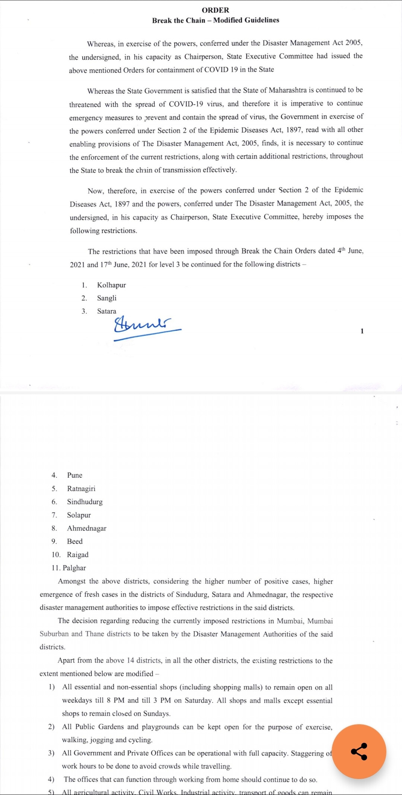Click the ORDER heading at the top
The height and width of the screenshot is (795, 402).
(216, 10)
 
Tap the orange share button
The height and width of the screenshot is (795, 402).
(359, 751)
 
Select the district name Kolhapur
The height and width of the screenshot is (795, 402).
(111, 285)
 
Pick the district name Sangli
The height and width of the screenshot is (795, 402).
(106, 298)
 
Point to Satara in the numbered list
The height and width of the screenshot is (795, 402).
(106, 311)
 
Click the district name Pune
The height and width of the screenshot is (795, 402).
(74, 475)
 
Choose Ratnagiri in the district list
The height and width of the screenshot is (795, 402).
(81, 489)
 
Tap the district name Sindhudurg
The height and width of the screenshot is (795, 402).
(84, 502)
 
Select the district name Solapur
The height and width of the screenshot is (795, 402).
(79, 515)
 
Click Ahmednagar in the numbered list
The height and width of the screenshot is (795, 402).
(86, 528)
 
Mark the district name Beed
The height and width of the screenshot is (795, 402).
(74, 542)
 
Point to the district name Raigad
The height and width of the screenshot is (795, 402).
(77, 555)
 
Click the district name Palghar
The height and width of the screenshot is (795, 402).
(74, 568)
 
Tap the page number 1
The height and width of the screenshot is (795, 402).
(362, 331)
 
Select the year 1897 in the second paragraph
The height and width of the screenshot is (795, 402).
(294, 130)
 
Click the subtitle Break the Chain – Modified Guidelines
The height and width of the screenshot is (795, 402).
(216, 20)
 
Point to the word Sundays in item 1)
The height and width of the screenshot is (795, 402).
(156, 713)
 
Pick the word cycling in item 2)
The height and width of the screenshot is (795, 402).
(140, 740)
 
